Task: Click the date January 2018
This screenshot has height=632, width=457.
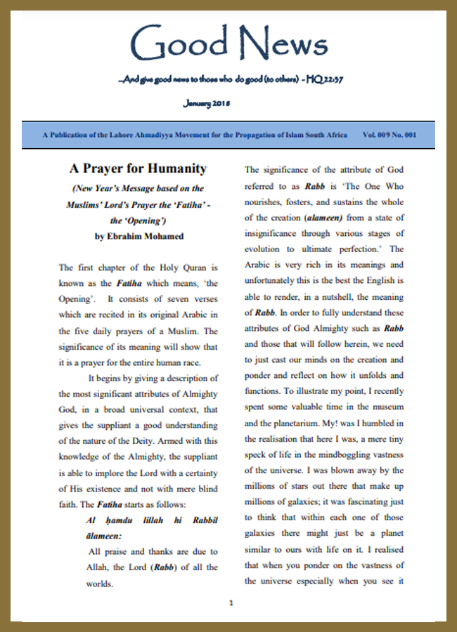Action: click(206, 103)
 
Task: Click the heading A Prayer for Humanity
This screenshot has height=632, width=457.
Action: click(138, 169)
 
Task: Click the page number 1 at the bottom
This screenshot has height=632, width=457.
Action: click(231, 603)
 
